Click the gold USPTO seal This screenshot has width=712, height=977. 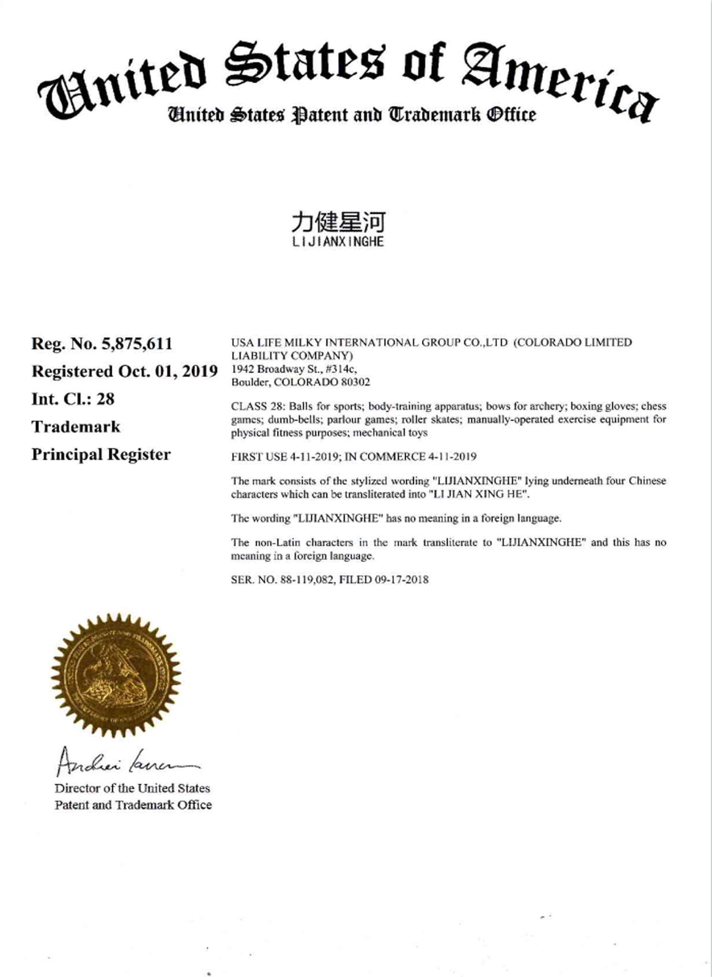116,675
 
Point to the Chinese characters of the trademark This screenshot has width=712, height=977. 338,222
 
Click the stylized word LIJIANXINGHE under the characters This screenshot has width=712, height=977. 338,242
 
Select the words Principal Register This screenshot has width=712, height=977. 101,454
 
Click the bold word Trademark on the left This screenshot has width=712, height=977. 76,426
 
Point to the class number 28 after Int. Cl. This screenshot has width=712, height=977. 105,399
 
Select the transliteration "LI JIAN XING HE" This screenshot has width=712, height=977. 479,494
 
